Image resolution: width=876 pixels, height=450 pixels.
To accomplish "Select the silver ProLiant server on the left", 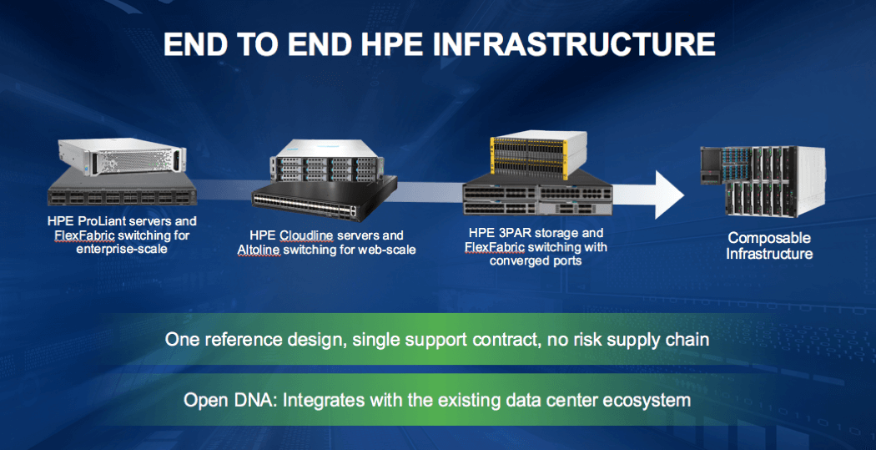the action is click(123, 156).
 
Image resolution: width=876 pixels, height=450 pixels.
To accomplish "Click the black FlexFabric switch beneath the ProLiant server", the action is click(123, 189).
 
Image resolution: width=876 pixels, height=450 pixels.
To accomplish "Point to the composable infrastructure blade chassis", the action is click(763, 180).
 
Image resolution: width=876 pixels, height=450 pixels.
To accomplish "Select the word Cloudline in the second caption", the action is click(305, 235).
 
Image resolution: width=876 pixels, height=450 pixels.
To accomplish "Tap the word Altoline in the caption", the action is click(258, 250).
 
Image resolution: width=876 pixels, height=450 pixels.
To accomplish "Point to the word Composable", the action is click(768, 238).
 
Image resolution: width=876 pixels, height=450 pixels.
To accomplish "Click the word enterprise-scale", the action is click(123, 249).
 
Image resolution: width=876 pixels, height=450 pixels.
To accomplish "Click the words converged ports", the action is click(536, 260).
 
